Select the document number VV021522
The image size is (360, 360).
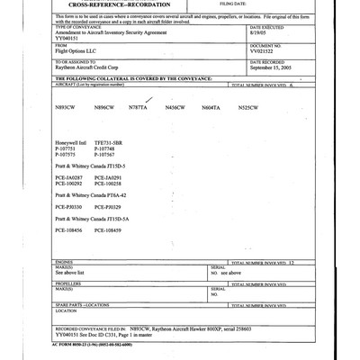pos(265,53)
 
